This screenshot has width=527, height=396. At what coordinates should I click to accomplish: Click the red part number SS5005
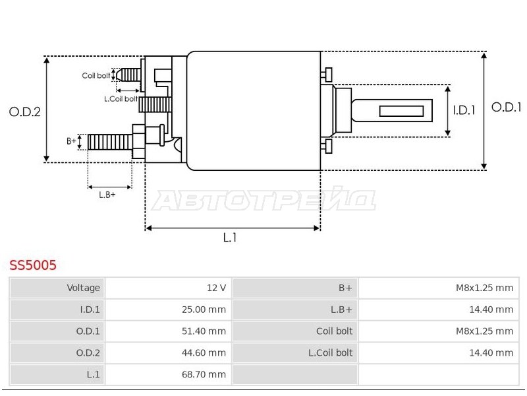tap(33, 265)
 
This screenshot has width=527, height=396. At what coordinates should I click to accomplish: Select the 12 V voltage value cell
tap(216, 288)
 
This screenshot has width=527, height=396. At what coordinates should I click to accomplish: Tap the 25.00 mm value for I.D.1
tap(204, 310)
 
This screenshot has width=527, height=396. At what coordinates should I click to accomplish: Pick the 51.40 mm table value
tap(204, 331)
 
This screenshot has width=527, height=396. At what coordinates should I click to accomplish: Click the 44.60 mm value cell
tap(204, 352)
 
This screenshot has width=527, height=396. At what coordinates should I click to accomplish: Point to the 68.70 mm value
tap(204, 374)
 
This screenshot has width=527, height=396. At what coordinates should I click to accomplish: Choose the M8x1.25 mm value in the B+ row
tap(484, 288)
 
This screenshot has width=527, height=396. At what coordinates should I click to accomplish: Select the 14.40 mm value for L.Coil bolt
tap(491, 352)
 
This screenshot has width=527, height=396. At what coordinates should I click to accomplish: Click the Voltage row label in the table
tap(84, 288)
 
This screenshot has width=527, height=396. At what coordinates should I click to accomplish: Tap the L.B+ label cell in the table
tap(341, 310)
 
